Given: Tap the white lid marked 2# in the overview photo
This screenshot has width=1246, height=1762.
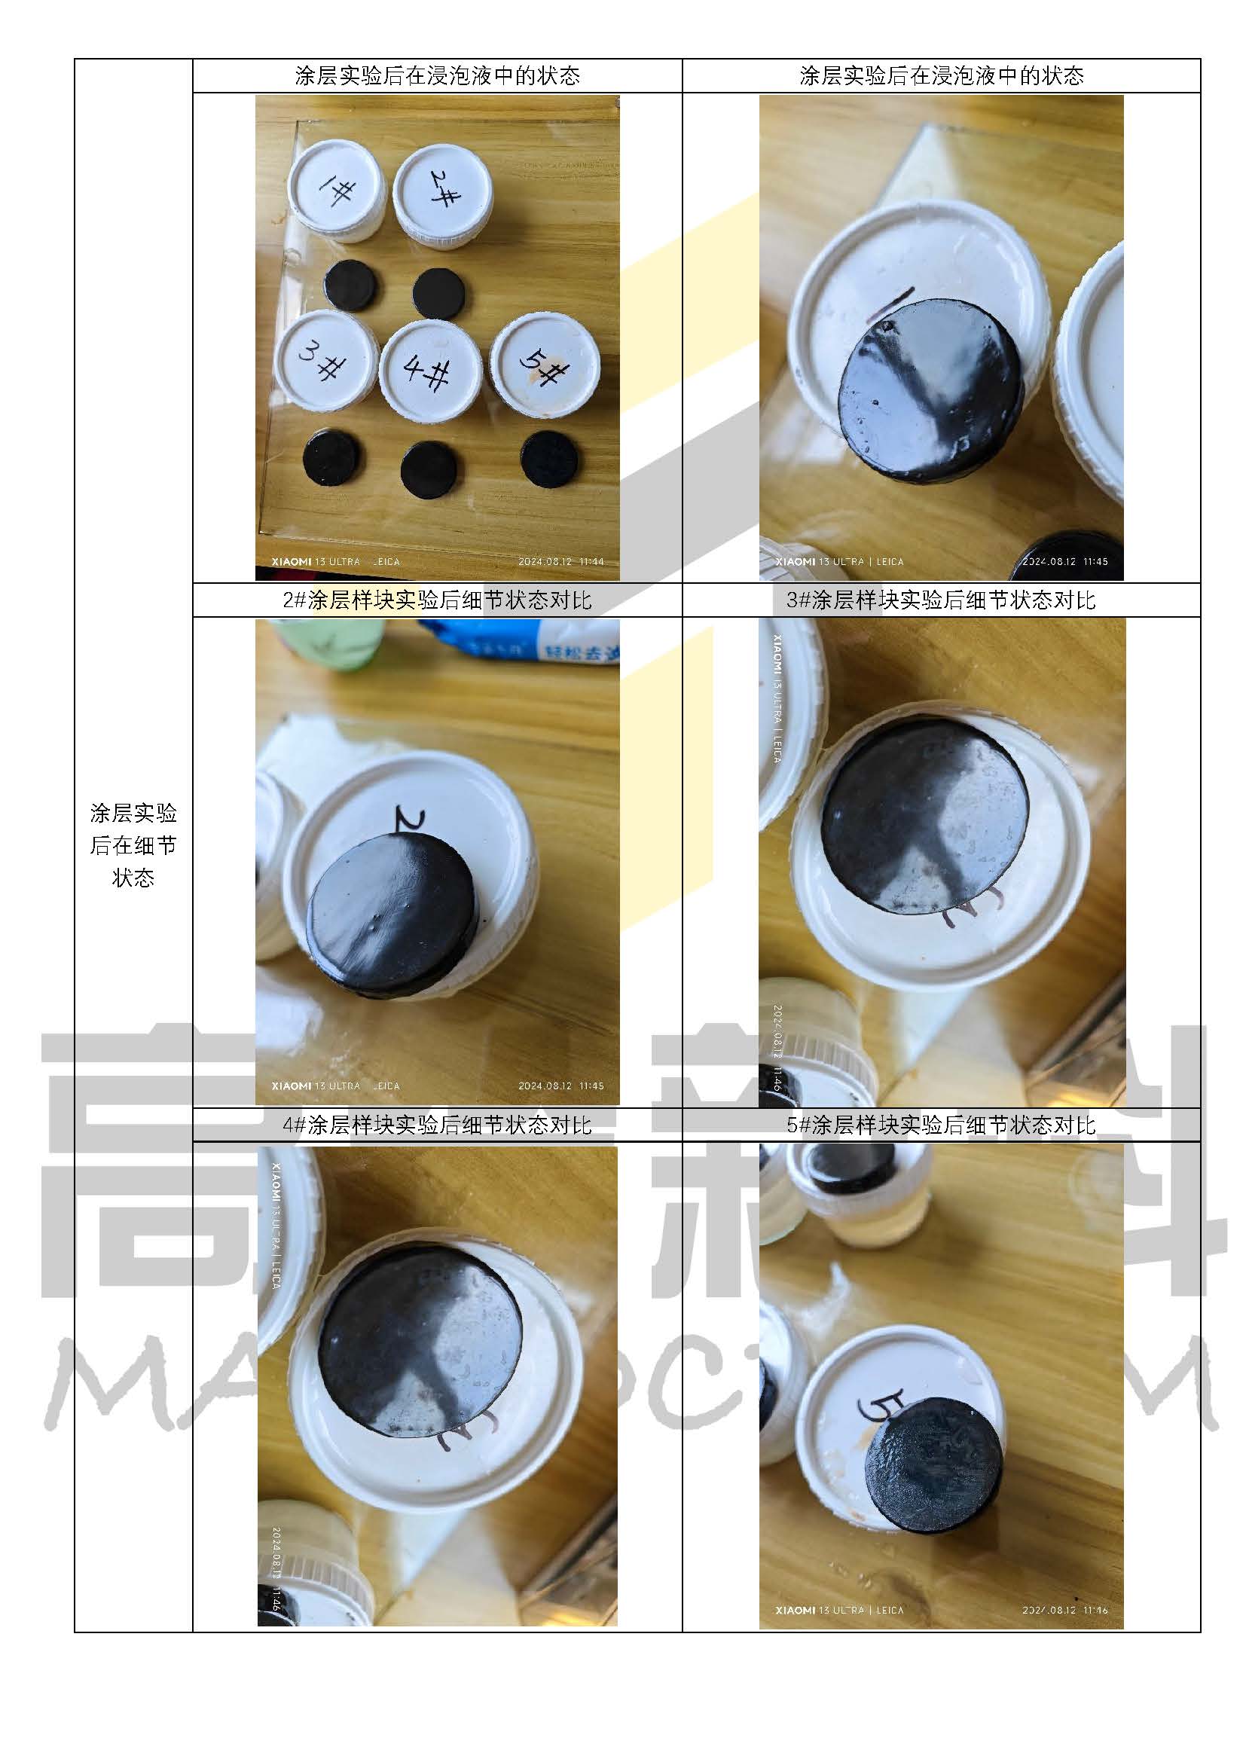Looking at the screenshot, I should pyautogui.click(x=442, y=196).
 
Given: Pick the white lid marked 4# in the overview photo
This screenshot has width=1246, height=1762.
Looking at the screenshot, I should pyautogui.click(x=429, y=370).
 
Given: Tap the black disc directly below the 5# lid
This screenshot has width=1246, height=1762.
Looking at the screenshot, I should pyautogui.click(x=549, y=460).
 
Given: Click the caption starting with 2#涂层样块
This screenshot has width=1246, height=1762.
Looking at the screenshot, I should pyautogui.click(x=437, y=600).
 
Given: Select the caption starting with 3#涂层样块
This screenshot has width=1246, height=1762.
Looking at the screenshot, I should pyautogui.click(x=941, y=600).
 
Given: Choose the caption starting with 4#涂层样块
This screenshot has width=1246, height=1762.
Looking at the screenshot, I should pyautogui.click(x=437, y=1125).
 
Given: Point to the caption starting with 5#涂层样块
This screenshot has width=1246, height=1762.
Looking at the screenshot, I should pyautogui.click(x=941, y=1125).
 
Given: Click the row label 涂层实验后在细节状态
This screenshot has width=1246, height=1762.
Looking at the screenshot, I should pyautogui.click(x=133, y=844).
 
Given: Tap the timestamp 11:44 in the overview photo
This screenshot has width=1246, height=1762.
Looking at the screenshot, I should pyautogui.click(x=591, y=562).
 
